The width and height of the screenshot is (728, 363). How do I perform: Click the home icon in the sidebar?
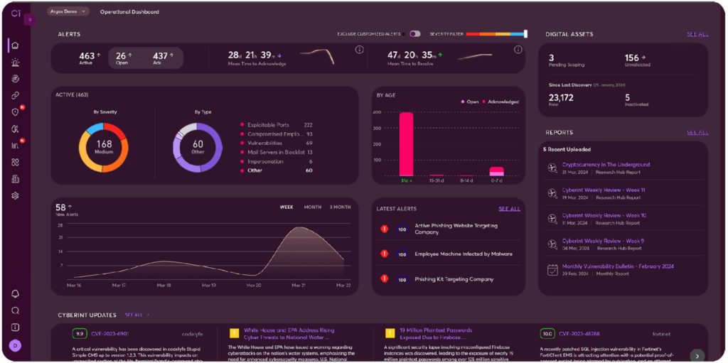[15, 45]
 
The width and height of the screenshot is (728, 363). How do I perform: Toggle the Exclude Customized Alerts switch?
[414, 33]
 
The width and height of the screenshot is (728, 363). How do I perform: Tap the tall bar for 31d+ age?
[407, 143]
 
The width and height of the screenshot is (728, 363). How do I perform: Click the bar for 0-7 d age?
[497, 171]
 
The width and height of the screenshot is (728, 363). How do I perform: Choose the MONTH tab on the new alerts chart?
[313, 207]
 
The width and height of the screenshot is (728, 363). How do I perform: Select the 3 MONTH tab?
[339, 207]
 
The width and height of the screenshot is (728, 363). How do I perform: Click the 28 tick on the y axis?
[60, 224]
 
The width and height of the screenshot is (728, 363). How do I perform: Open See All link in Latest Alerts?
[509, 209]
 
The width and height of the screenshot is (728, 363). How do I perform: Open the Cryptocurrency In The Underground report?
[606, 165]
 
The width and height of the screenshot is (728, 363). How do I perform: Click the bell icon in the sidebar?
[15, 293]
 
